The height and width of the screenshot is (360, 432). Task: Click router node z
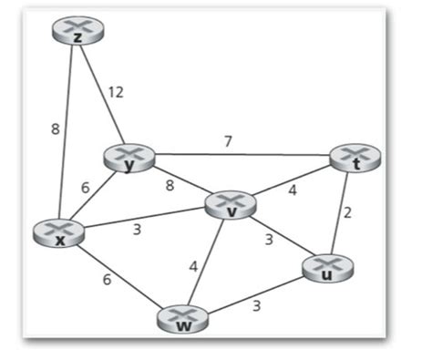click(x=77, y=33)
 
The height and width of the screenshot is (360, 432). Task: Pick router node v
click(x=231, y=205)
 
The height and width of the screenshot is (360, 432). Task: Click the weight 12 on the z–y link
click(x=116, y=91)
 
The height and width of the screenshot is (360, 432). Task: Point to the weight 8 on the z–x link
click(x=55, y=128)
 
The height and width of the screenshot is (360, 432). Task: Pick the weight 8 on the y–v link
click(x=169, y=186)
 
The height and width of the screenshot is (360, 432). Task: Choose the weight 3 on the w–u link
click(x=256, y=306)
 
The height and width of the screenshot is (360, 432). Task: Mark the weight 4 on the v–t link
click(x=293, y=191)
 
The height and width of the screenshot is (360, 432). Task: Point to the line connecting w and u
click(x=255, y=293)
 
